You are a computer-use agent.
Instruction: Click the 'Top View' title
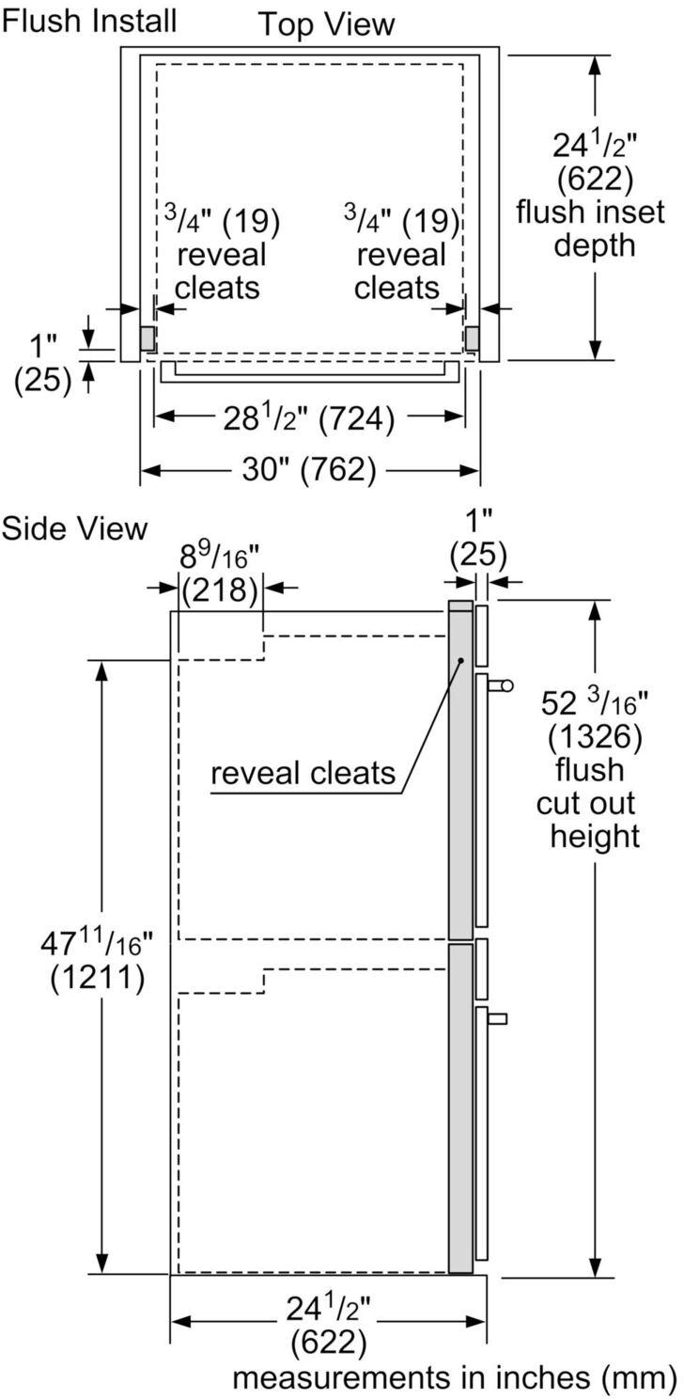tap(327, 24)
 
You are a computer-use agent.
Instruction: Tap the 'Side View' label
tap(74, 528)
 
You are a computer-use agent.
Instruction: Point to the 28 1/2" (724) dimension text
tap(308, 418)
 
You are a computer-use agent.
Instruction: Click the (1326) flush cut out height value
tap(594, 734)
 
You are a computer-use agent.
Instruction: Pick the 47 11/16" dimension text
tap(97, 943)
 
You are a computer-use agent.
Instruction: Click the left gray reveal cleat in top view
tap(148, 338)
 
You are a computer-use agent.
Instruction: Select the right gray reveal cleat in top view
tap(472, 338)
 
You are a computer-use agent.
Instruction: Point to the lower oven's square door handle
tap(499, 1018)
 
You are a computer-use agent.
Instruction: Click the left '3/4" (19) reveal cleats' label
tap(222, 254)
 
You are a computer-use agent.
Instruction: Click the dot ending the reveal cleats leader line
tap(461, 661)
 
